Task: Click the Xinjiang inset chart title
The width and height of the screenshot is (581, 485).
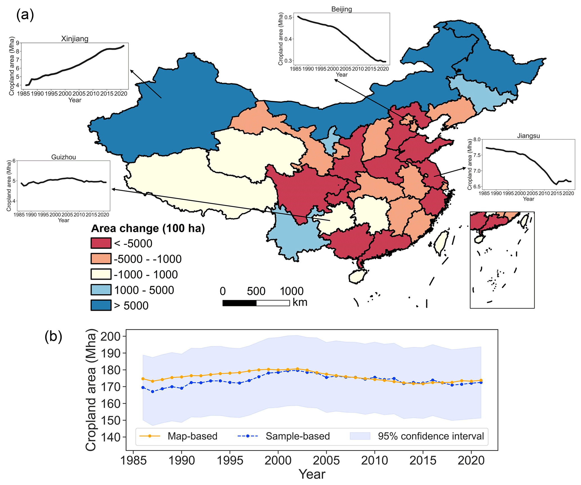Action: point(74,39)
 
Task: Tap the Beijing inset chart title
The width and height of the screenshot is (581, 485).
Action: point(342,9)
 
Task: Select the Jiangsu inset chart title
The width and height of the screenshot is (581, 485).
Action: point(528,136)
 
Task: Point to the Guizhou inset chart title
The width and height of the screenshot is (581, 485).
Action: point(64,157)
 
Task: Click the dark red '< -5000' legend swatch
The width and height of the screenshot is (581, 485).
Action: point(101,243)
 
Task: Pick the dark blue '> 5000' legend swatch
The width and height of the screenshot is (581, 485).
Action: point(101,305)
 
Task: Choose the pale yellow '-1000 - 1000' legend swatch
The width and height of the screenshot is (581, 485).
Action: point(101,274)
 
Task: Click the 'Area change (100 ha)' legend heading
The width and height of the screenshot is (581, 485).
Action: point(148,228)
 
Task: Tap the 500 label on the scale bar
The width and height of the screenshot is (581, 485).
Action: point(256,291)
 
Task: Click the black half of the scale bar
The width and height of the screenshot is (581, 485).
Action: point(239,303)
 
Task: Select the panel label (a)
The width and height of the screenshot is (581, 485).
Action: point(25,15)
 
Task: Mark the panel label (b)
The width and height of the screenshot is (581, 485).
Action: point(53,336)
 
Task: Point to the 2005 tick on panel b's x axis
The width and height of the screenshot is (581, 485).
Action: point(326,461)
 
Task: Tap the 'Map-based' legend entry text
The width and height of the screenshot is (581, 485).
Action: point(192,436)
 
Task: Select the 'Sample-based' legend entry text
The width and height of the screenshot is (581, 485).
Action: point(297,436)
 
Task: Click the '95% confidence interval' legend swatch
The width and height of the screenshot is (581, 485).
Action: point(360,436)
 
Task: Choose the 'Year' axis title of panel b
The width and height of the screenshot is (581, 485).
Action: point(312,474)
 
